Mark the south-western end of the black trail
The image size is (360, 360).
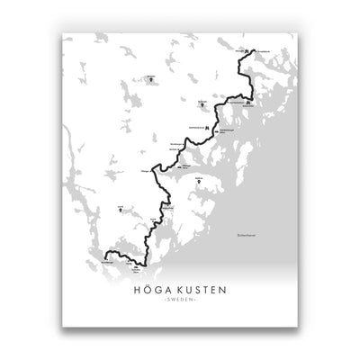[x=104, y=257]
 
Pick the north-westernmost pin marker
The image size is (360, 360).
[x=152, y=77]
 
